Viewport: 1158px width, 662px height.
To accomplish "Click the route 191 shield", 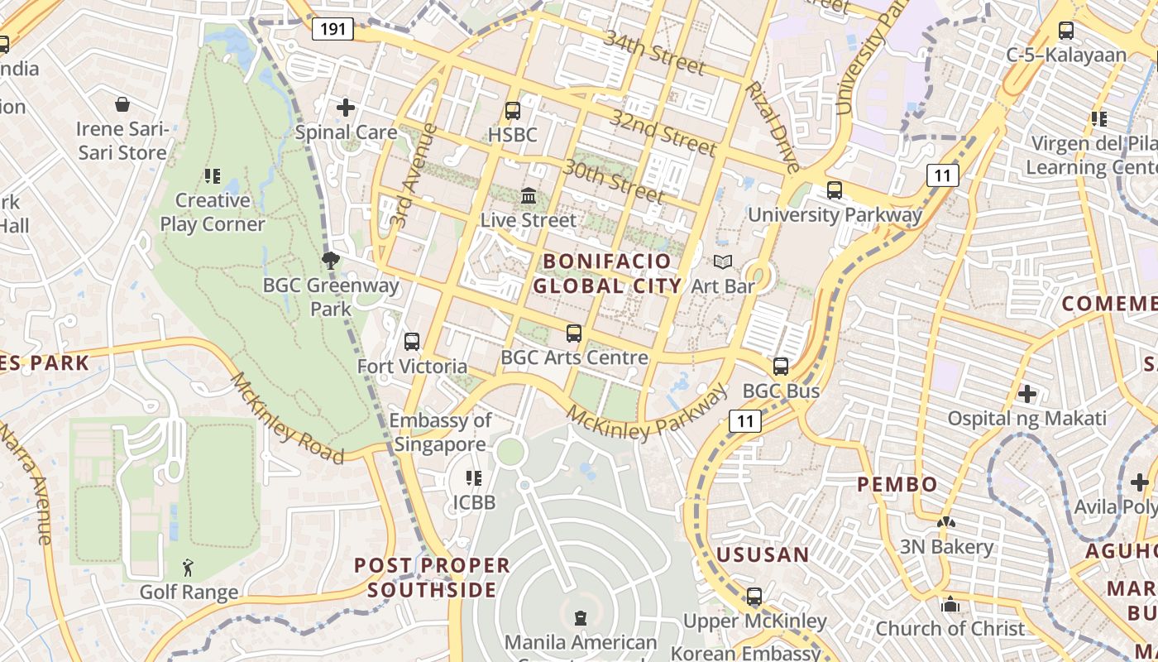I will [333, 30].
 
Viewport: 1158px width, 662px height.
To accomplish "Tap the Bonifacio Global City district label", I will [607, 274].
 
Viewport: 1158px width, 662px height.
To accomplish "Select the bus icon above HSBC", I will [513, 110].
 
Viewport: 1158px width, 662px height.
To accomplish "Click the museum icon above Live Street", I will [529, 197].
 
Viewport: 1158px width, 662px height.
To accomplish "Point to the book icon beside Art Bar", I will [723, 262].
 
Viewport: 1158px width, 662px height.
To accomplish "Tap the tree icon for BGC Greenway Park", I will [331, 261].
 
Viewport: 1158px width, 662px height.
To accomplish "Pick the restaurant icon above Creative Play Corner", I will [213, 176].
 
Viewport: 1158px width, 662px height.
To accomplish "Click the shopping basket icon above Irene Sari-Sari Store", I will [122, 104].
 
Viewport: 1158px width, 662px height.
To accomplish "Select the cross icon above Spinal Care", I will [346, 108].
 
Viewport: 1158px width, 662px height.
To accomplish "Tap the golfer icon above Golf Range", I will [189, 568].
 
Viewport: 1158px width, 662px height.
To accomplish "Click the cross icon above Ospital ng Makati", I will [1027, 394].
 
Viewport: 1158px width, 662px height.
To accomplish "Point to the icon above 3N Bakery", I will [946, 523].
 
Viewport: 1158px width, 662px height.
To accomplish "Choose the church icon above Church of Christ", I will [950, 604].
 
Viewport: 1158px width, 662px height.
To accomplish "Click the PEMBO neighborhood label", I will [897, 484].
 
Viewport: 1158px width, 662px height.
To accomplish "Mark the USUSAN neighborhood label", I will [763, 554].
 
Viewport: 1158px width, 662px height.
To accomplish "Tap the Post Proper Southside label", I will [433, 578].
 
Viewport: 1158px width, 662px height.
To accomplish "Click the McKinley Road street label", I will [286, 418].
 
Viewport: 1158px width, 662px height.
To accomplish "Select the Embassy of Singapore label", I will [440, 432].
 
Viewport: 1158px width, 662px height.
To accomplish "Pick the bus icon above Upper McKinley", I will [754, 596].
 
